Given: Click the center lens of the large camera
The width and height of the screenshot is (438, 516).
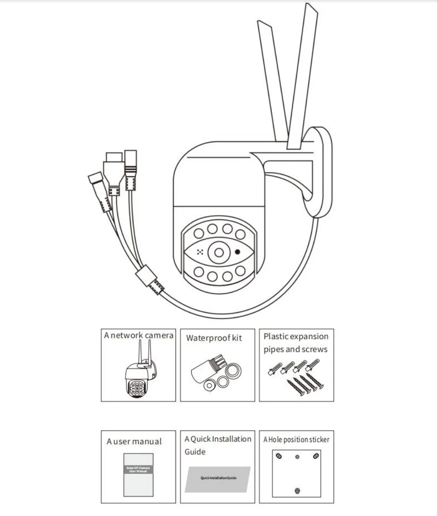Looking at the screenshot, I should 218,252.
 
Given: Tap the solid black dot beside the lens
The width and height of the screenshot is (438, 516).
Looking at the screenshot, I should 238,252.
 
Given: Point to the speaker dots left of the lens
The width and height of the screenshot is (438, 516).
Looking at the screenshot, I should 200,252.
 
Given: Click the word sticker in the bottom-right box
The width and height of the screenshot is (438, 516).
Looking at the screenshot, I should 319,440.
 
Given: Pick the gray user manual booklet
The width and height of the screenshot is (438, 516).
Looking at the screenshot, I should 138,474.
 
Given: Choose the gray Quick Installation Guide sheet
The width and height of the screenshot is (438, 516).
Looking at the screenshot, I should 218,479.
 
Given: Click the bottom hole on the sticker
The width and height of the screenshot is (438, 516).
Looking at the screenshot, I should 297,491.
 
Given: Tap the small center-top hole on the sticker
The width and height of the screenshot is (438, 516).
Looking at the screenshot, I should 297,457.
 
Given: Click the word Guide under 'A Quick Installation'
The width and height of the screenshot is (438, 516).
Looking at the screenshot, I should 195,452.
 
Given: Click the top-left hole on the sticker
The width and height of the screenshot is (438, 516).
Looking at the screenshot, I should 278,456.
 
